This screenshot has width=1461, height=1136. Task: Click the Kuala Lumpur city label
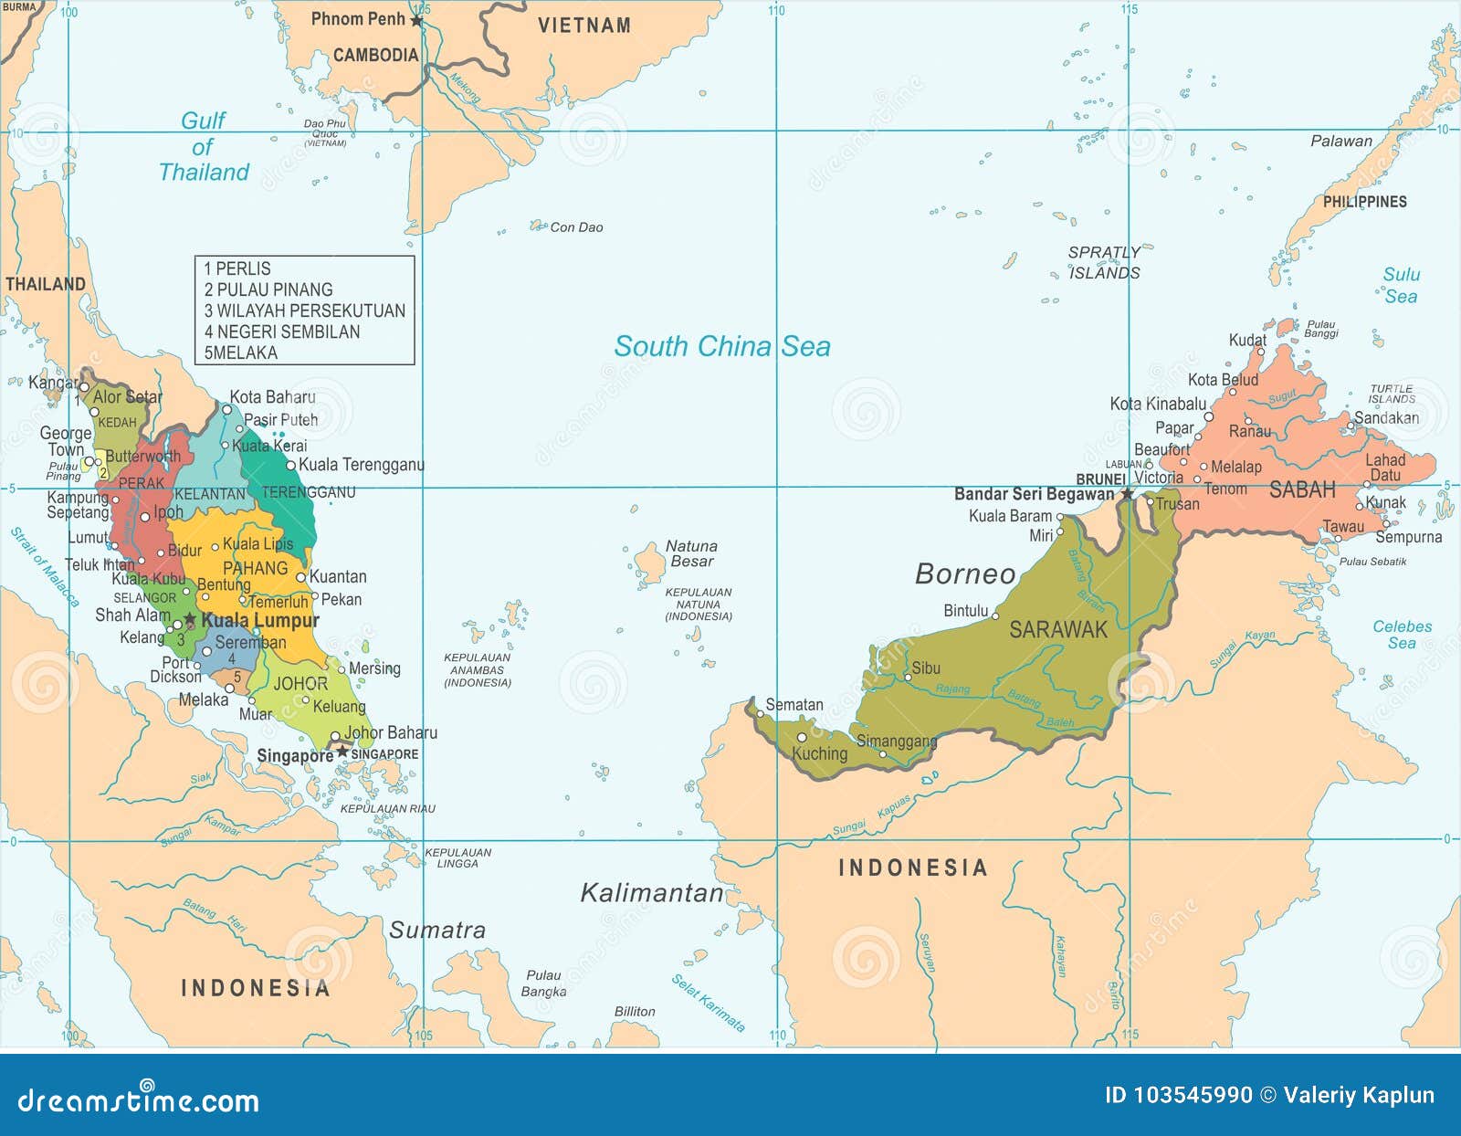260,621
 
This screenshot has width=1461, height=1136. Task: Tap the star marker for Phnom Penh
416,20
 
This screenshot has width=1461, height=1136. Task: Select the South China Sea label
722,346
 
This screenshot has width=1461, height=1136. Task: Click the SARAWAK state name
1057,629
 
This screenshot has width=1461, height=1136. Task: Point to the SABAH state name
1302,490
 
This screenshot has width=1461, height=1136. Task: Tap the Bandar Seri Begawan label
1034,494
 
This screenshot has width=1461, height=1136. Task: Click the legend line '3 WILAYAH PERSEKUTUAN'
304,310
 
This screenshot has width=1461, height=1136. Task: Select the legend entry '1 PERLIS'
237,268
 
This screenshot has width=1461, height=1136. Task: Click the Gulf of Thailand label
204,146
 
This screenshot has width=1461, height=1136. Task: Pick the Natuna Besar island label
691,553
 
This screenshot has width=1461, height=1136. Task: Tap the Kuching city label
819,753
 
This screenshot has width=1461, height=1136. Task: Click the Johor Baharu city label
390,732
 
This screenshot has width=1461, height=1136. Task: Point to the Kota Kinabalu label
1158,404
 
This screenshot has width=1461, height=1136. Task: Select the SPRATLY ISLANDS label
1104,263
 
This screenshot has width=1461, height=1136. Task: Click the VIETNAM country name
583,26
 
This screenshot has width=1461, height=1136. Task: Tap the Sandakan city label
1386,418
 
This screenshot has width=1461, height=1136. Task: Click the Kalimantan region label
652,893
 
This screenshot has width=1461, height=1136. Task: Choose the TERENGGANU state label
309,492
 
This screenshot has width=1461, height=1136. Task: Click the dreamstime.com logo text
139,1100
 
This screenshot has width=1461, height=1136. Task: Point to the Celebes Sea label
1402,635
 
